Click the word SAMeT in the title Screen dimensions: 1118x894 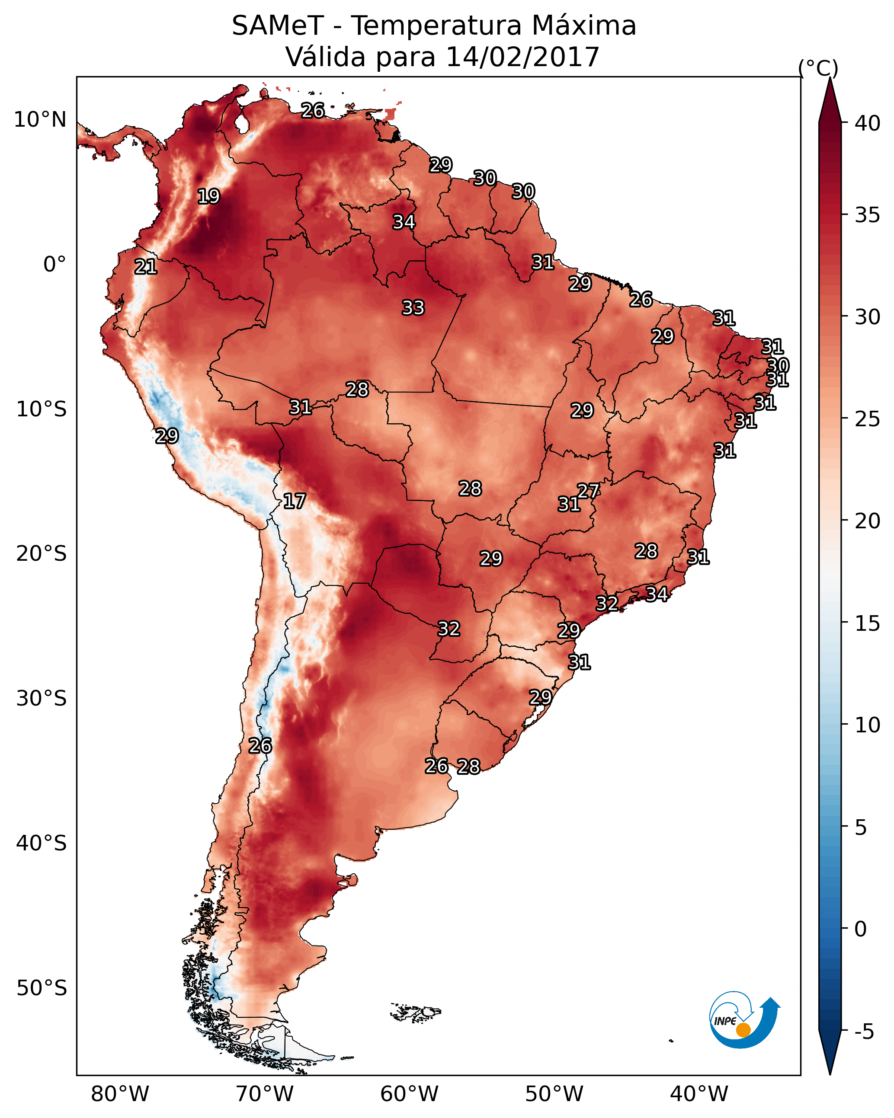point(278,26)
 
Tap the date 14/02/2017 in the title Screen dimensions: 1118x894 point(522,57)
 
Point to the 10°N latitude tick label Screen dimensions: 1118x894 point(40,120)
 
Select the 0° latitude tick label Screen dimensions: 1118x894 point(54,265)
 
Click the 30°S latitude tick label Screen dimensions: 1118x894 point(42,699)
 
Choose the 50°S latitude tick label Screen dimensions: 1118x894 point(42,988)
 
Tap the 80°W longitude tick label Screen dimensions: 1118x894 point(120,1094)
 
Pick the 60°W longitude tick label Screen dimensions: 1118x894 point(410,1094)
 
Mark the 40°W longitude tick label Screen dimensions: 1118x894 point(699,1094)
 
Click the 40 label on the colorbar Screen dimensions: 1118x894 point(868,123)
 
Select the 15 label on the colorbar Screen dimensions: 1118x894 point(868,623)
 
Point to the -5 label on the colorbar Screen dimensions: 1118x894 point(865,1032)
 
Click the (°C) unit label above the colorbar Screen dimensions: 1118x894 point(818,68)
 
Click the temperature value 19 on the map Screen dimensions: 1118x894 point(208,197)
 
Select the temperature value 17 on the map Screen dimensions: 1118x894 point(294,502)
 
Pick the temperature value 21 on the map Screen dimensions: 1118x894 point(146,267)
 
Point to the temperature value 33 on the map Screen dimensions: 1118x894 point(413,308)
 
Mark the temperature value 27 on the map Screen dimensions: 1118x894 point(588,491)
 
